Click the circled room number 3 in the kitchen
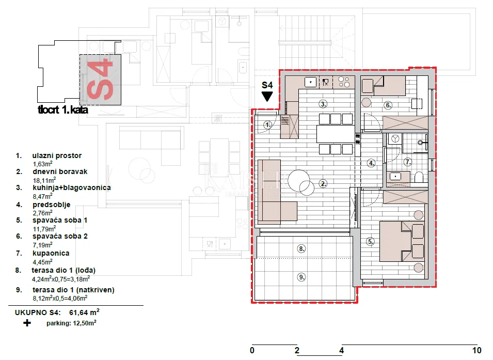point(323,104)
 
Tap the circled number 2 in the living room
point(323,183)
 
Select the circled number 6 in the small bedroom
point(388,105)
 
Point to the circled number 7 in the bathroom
point(408,162)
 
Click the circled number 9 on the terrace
point(301,277)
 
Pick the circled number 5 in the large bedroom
point(370,242)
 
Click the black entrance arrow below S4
point(267,96)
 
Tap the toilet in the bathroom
point(419,178)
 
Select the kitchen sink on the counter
point(311,82)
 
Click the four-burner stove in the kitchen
point(344,82)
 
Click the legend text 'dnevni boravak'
point(60,171)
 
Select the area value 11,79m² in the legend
point(44,229)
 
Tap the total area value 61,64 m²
point(84,312)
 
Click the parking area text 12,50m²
point(84,323)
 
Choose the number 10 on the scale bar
point(476,350)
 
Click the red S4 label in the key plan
point(100,80)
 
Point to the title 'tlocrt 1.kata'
point(63,110)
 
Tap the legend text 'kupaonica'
point(51,253)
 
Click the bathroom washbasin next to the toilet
point(395,177)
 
